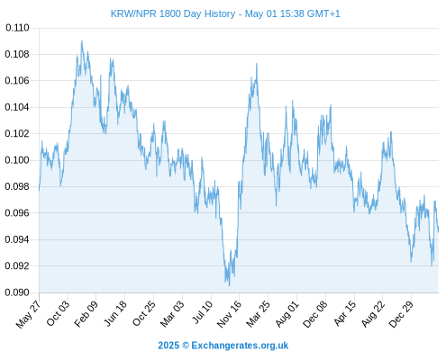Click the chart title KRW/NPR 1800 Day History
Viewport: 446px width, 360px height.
pos(173,13)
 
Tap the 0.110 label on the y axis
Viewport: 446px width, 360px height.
pos(17,28)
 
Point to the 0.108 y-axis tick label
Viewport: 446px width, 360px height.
pos(17,54)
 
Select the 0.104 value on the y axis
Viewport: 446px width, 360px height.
pos(17,107)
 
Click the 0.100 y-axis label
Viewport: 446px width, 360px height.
pos(17,160)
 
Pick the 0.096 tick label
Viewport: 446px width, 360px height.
pos(17,213)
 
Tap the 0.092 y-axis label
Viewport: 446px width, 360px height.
pos(17,265)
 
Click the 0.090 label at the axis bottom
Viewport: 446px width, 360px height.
pos(17,292)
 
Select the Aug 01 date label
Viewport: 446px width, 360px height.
pos(287,313)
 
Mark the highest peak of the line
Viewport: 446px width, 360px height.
pos(82,40)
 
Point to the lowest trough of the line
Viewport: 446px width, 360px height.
pos(230,285)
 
